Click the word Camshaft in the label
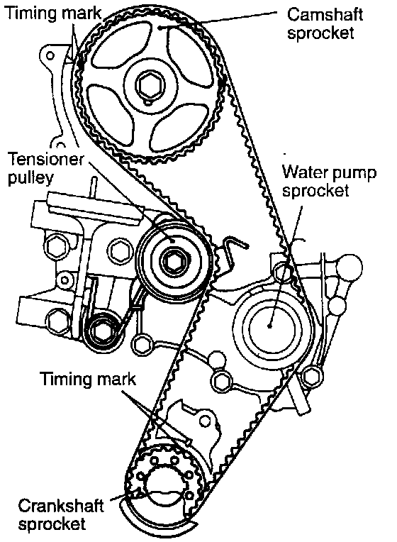tap(325, 15)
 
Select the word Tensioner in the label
tap(45, 160)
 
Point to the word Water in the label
tap(304, 172)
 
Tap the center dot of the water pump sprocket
tap(269, 325)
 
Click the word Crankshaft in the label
tap(60, 506)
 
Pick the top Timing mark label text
tap(53, 13)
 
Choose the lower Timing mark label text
tap(89, 379)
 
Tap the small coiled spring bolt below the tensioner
tap(101, 332)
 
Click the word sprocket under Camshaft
tap(320, 33)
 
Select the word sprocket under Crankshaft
tap(52, 524)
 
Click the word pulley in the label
tap(30, 178)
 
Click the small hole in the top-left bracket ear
tap(50, 55)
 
